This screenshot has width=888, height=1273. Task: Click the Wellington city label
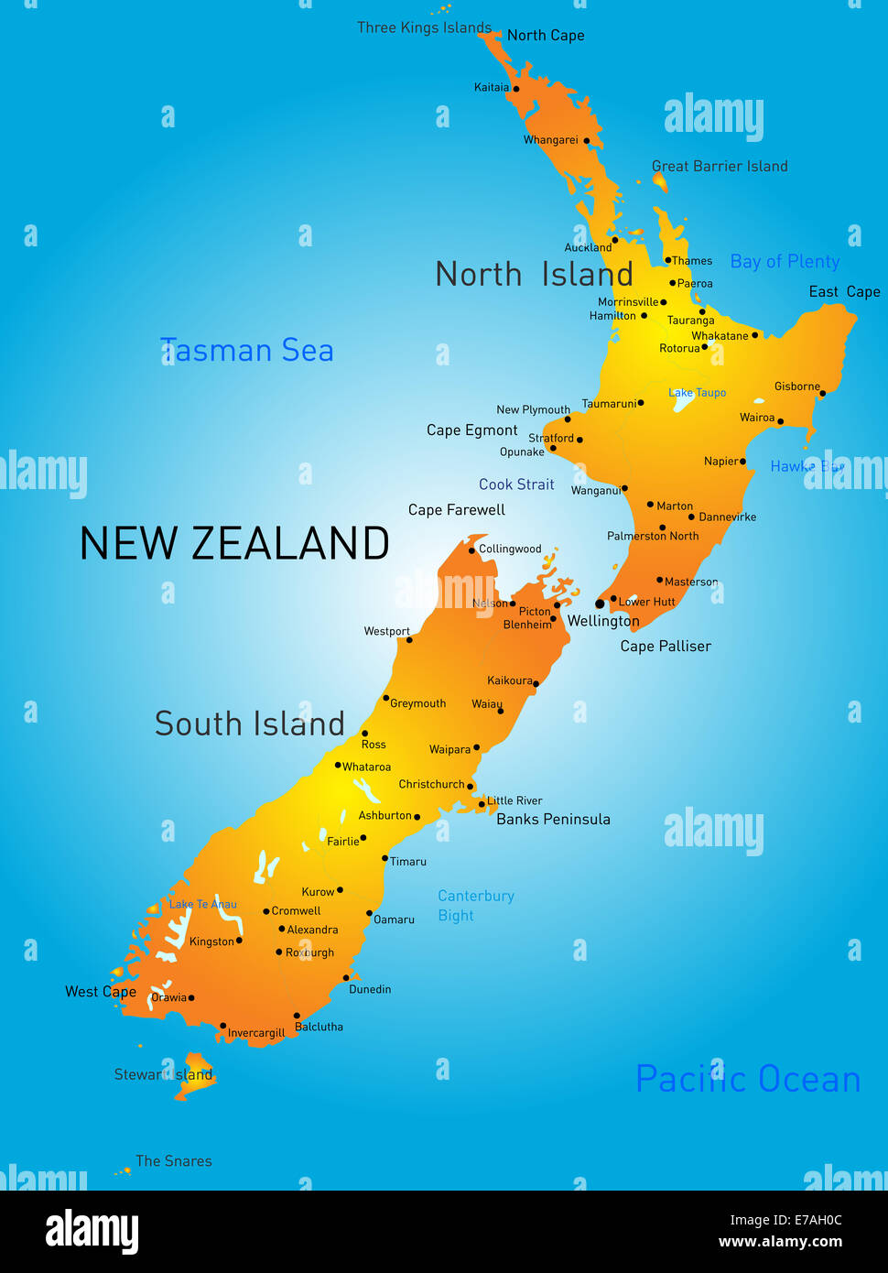[x=603, y=621]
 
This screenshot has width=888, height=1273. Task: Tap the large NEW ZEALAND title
[x=234, y=544]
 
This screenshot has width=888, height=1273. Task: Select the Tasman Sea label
[x=247, y=351]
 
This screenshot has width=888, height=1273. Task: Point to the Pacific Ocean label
[x=748, y=1080]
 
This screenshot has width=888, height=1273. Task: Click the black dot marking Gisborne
[x=822, y=394]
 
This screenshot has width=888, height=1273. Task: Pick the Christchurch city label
[x=431, y=784]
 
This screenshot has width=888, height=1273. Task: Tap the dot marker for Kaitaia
[x=515, y=89]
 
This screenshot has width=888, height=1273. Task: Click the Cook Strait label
[x=516, y=484]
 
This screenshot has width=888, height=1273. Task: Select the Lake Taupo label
[x=697, y=393]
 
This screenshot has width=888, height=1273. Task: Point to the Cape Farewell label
[x=456, y=510]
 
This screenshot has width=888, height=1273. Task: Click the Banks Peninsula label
[x=553, y=820]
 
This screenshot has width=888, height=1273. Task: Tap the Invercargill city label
[x=256, y=1033]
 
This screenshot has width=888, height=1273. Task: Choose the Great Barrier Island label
[x=720, y=167]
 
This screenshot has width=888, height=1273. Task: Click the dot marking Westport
[x=409, y=639]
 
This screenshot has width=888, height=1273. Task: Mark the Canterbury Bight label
[x=475, y=906]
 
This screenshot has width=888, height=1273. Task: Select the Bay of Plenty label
[x=785, y=262]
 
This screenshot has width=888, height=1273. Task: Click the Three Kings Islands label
[x=424, y=27]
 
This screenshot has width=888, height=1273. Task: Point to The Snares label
[x=173, y=1161]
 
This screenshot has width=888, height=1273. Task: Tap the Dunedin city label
[x=370, y=989]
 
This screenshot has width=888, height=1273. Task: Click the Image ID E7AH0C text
[x=785, y=1220]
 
